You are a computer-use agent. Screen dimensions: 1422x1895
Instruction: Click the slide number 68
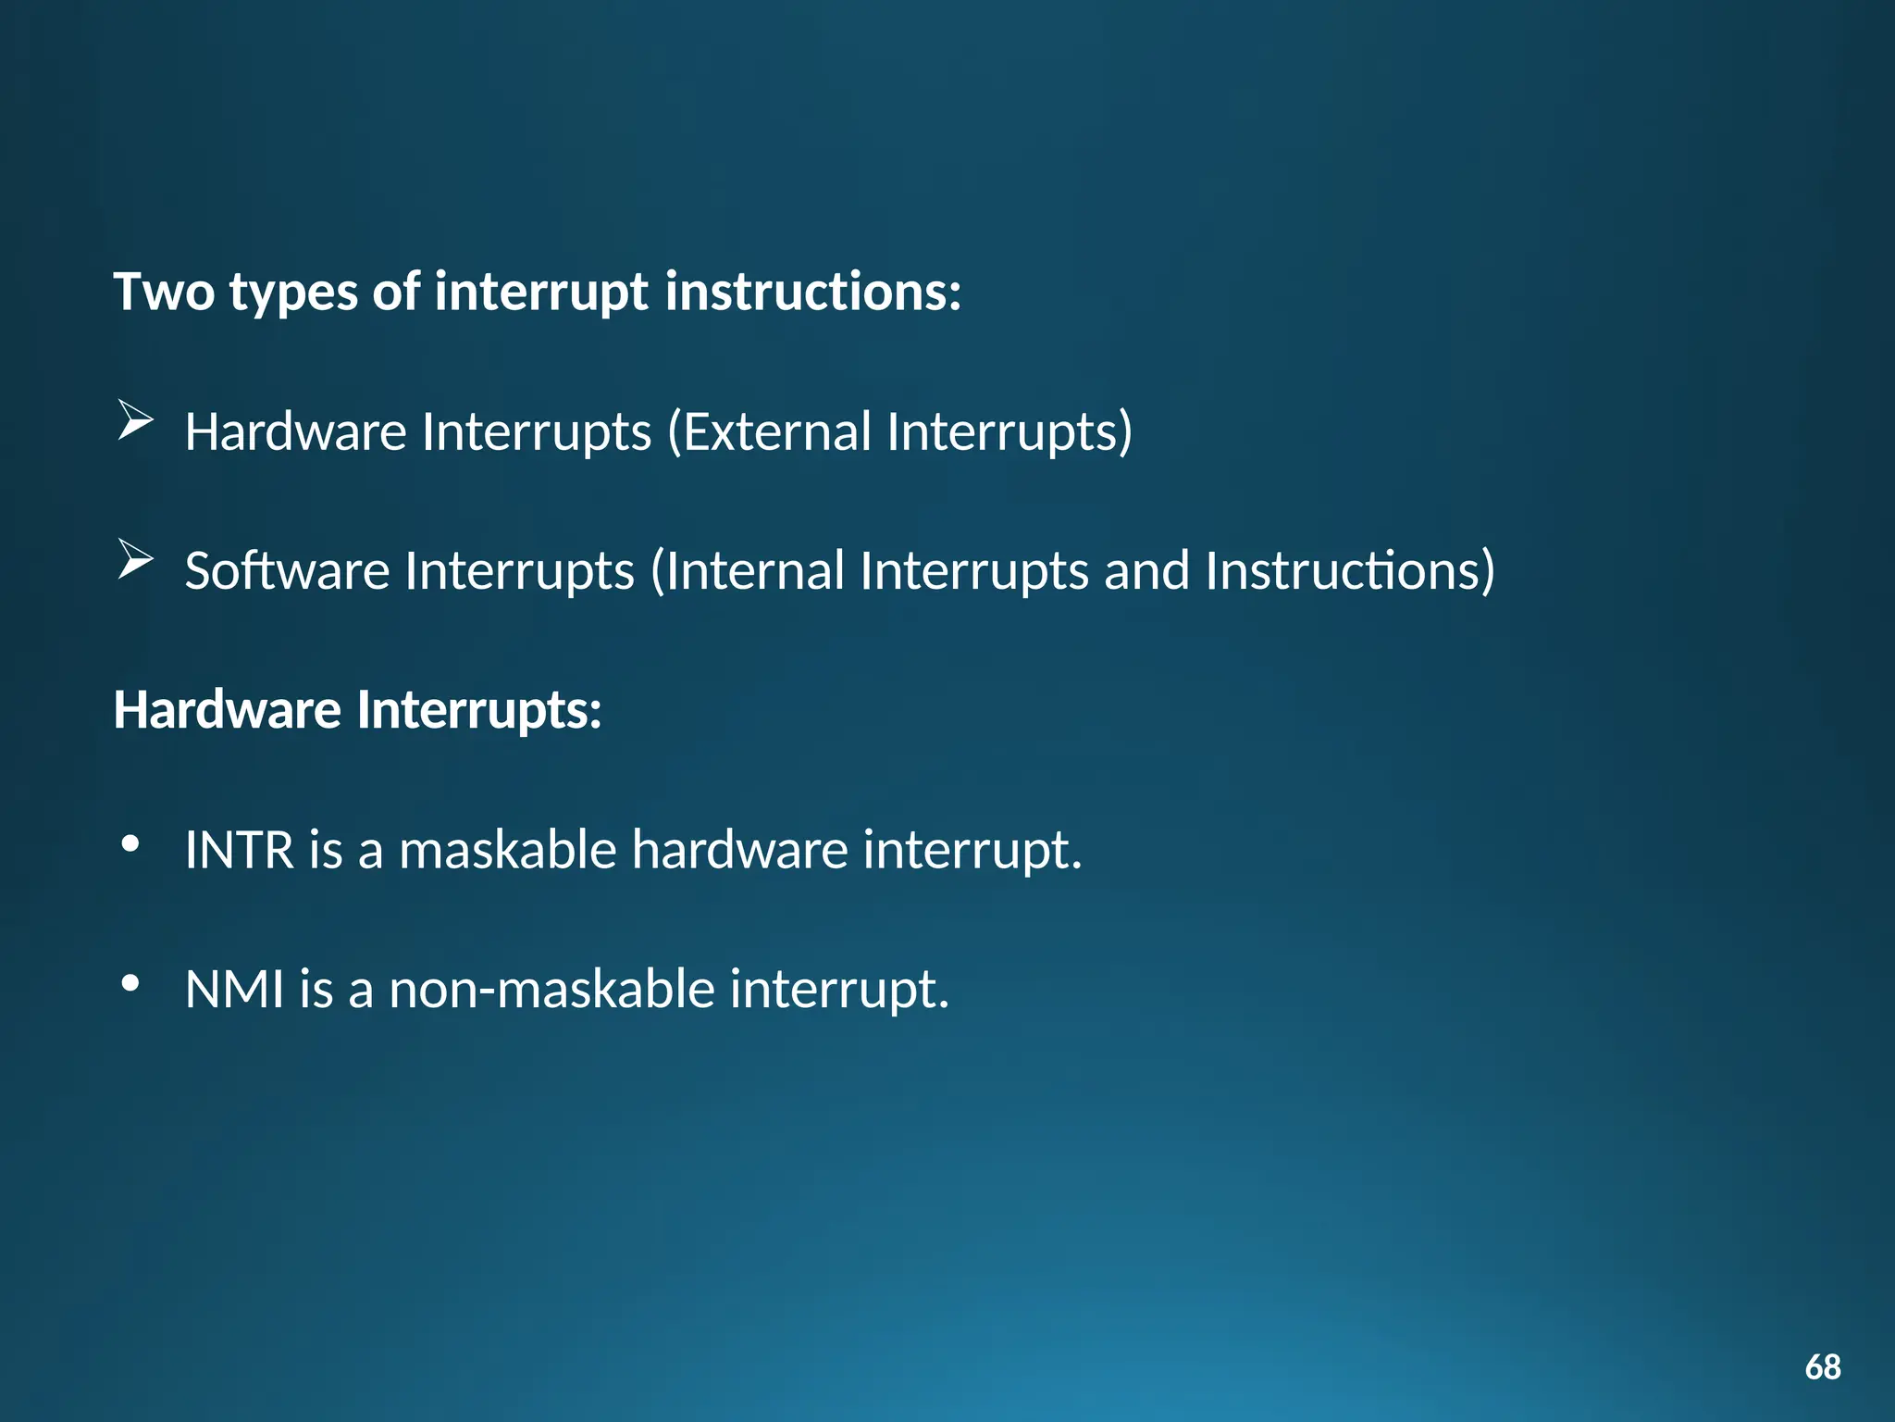1822,1366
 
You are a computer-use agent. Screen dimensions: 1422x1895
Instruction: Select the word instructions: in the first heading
813,292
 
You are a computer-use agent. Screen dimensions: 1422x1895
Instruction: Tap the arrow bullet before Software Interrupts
135,560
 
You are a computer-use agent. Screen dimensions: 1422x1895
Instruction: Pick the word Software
287,571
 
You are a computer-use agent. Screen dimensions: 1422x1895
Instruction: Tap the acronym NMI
234,990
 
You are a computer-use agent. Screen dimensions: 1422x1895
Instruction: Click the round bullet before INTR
130,843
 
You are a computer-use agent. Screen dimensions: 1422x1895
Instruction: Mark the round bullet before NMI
130,983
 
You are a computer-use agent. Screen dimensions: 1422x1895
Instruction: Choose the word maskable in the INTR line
507,850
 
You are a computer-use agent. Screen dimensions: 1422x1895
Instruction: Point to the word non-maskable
551,990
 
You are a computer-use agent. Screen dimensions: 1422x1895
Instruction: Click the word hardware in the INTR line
739,850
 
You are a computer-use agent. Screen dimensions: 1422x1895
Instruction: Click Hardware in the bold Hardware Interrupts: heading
228,710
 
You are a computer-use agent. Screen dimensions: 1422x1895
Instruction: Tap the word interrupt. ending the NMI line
839,990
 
